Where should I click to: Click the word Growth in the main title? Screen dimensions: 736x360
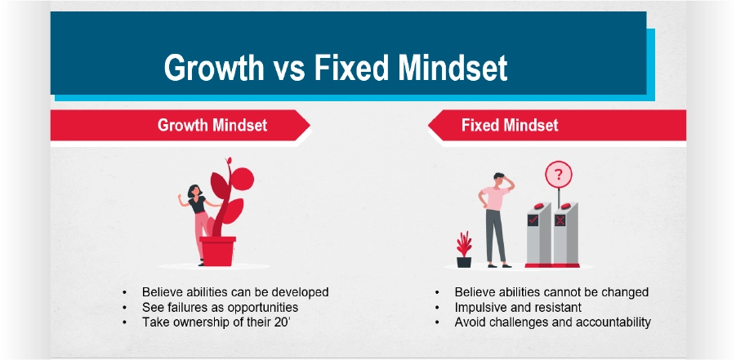point(213,67)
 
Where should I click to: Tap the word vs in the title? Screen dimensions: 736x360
point(288,68)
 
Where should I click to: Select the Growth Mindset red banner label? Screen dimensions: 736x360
point(212,126)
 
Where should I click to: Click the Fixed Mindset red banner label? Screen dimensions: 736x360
point(510,126)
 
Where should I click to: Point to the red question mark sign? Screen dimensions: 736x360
point(558,175)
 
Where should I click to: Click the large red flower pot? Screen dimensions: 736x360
point(217,251)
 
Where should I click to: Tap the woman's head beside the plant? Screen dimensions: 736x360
point(194,190)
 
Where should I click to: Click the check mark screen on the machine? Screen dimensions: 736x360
point(533,220)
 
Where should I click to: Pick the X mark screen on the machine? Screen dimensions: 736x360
point(560,220)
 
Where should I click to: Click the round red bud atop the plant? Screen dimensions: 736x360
point(243,179)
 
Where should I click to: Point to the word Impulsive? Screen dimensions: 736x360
point(480,308)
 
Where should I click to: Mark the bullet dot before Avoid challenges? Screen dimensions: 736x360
point(438,322)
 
